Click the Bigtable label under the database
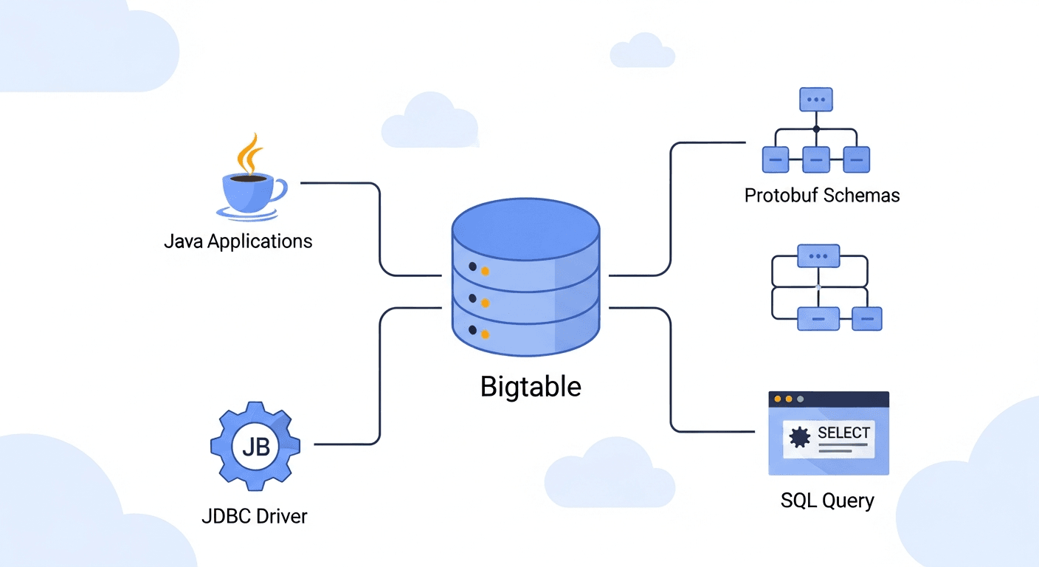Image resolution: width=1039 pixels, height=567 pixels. tap(531, 386)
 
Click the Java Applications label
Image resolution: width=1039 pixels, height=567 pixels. tap(238, 241)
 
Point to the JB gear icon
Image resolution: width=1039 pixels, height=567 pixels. tap(255, 446)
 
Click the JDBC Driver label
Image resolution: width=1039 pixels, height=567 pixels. tap(254, 515)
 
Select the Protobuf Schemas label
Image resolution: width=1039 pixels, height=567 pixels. tap(822, 196)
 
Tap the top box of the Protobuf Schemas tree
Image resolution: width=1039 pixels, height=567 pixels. tap(816, 99)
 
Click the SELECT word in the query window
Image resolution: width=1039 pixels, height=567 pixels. tap(843, 433)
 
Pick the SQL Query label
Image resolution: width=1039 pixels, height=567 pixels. tap(827, 501)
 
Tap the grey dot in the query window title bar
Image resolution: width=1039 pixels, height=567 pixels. tap(801, 399)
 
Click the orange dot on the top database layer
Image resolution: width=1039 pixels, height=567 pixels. tap(485, 271)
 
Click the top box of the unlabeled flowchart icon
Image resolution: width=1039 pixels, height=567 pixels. tap(818, 256)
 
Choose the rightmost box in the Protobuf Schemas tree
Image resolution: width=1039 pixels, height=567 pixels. tap(856, 159)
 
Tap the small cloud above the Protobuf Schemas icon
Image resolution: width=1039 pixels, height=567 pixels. tap(642, 52)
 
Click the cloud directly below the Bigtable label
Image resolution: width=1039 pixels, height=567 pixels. tap(610, 474)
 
